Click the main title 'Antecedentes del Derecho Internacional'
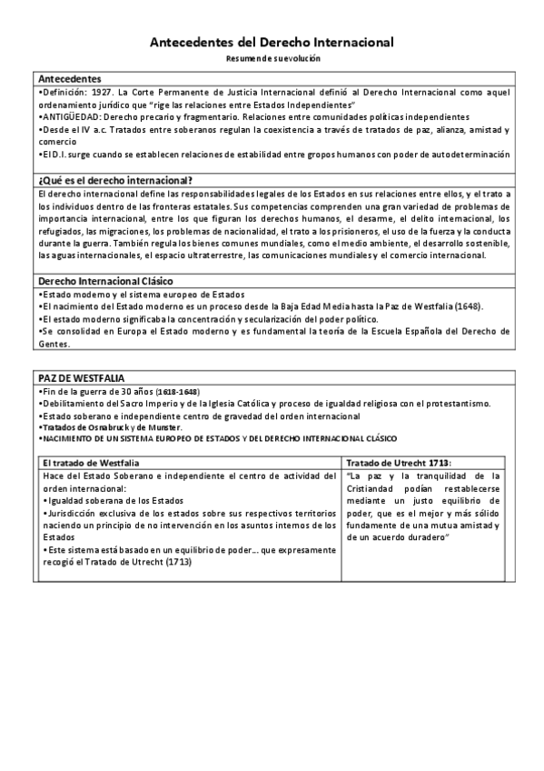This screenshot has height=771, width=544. pos(272,42)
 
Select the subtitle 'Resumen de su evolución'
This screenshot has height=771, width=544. pos(272,58)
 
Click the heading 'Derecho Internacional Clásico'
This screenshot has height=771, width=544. pos(107,282)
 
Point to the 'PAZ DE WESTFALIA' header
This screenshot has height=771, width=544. pos(82,377)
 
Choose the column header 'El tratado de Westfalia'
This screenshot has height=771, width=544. pos(90,463)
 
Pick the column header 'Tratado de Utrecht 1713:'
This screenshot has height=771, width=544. pos(400,463)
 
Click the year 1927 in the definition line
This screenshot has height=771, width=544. pos(102,92)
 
